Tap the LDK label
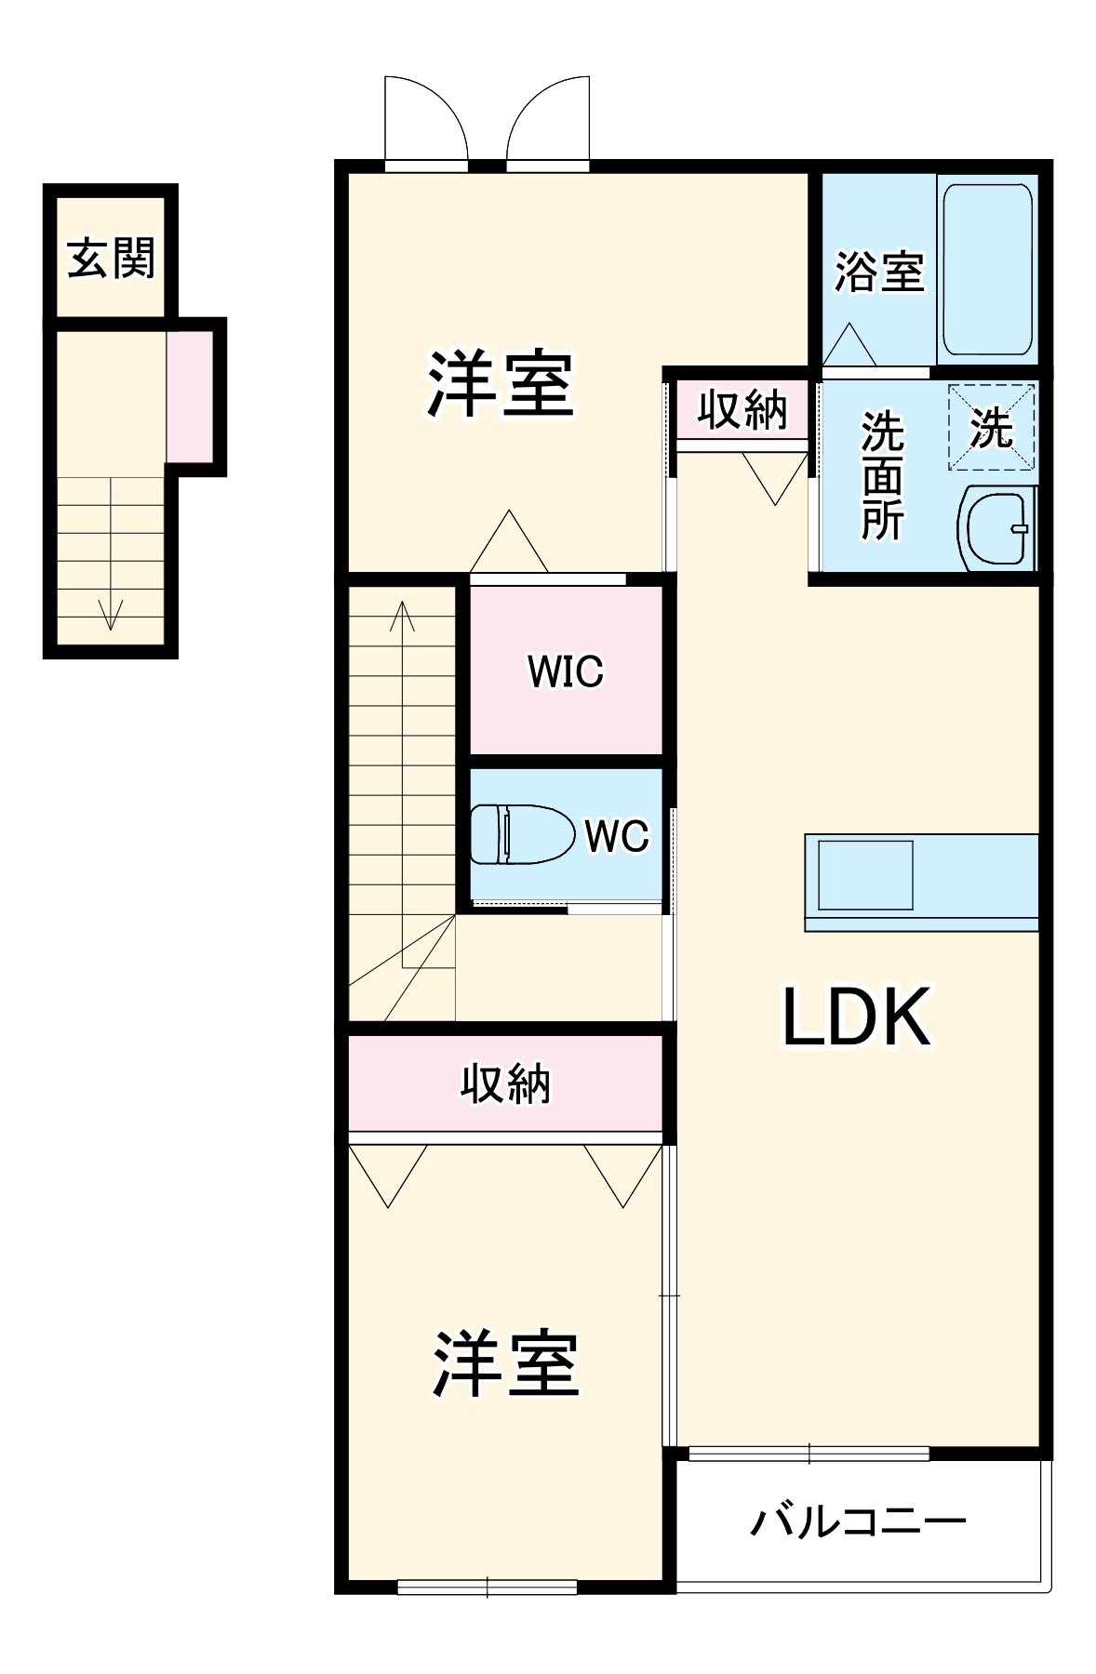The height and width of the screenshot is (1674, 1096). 856,1017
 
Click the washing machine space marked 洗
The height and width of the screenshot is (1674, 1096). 991,428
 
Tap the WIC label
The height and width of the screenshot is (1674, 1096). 566,671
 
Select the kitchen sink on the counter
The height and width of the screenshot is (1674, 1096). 864,874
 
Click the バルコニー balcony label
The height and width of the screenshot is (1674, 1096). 858,1522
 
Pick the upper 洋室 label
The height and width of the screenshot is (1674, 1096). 501,384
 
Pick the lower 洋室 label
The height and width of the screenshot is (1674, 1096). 505,1364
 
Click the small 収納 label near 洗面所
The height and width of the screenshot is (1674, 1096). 742,409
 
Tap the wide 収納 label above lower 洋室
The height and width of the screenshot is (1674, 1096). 505,1083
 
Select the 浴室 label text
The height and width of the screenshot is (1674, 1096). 877,272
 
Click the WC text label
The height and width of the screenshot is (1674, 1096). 616,836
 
